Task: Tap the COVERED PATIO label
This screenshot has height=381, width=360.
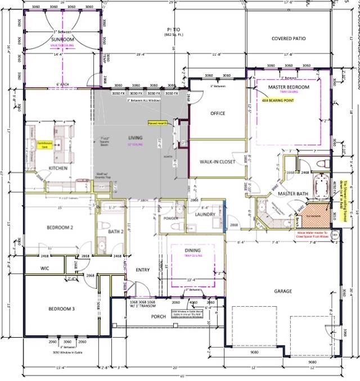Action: point(289,39)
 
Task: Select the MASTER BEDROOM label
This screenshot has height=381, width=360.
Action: point(289,87)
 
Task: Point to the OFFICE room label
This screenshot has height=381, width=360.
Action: point(218,114)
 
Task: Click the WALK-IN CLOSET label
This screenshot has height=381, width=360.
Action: point(217,162)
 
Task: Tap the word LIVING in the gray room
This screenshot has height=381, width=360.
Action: point(135,138)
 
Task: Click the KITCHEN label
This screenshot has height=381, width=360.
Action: point(58,168)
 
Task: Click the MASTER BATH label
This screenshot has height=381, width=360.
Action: point(295,194)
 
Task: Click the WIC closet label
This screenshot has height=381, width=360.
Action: point(46,269)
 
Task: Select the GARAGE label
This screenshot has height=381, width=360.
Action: point(282,291)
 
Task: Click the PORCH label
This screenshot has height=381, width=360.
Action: point(158,316)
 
